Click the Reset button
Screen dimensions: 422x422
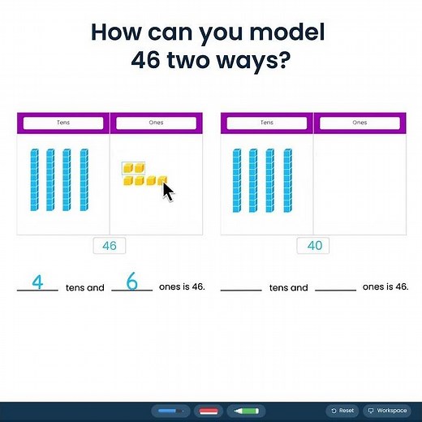click(343, 411)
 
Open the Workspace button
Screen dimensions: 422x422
click(386, 411)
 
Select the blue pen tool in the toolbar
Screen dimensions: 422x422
click(170, 411)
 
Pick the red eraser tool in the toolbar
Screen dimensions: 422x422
click(209, 411)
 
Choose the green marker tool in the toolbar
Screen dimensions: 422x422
click(246, 411)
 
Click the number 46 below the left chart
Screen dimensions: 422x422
click(109, 245)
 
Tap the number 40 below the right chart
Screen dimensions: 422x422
click(312, 245)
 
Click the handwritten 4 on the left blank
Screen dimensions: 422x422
click(37, 282)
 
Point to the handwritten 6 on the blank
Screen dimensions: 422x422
click(132, 282)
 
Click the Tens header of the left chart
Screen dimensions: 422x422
click(63, 123)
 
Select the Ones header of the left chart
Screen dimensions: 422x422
click(156, 123)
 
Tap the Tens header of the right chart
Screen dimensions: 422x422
click(267, 123)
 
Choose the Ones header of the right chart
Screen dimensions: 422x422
click(360, 123)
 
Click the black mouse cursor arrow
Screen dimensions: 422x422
click(168, 192)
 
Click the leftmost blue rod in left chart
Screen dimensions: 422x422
click(34, 179)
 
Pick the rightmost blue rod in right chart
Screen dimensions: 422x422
click(288, 179)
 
